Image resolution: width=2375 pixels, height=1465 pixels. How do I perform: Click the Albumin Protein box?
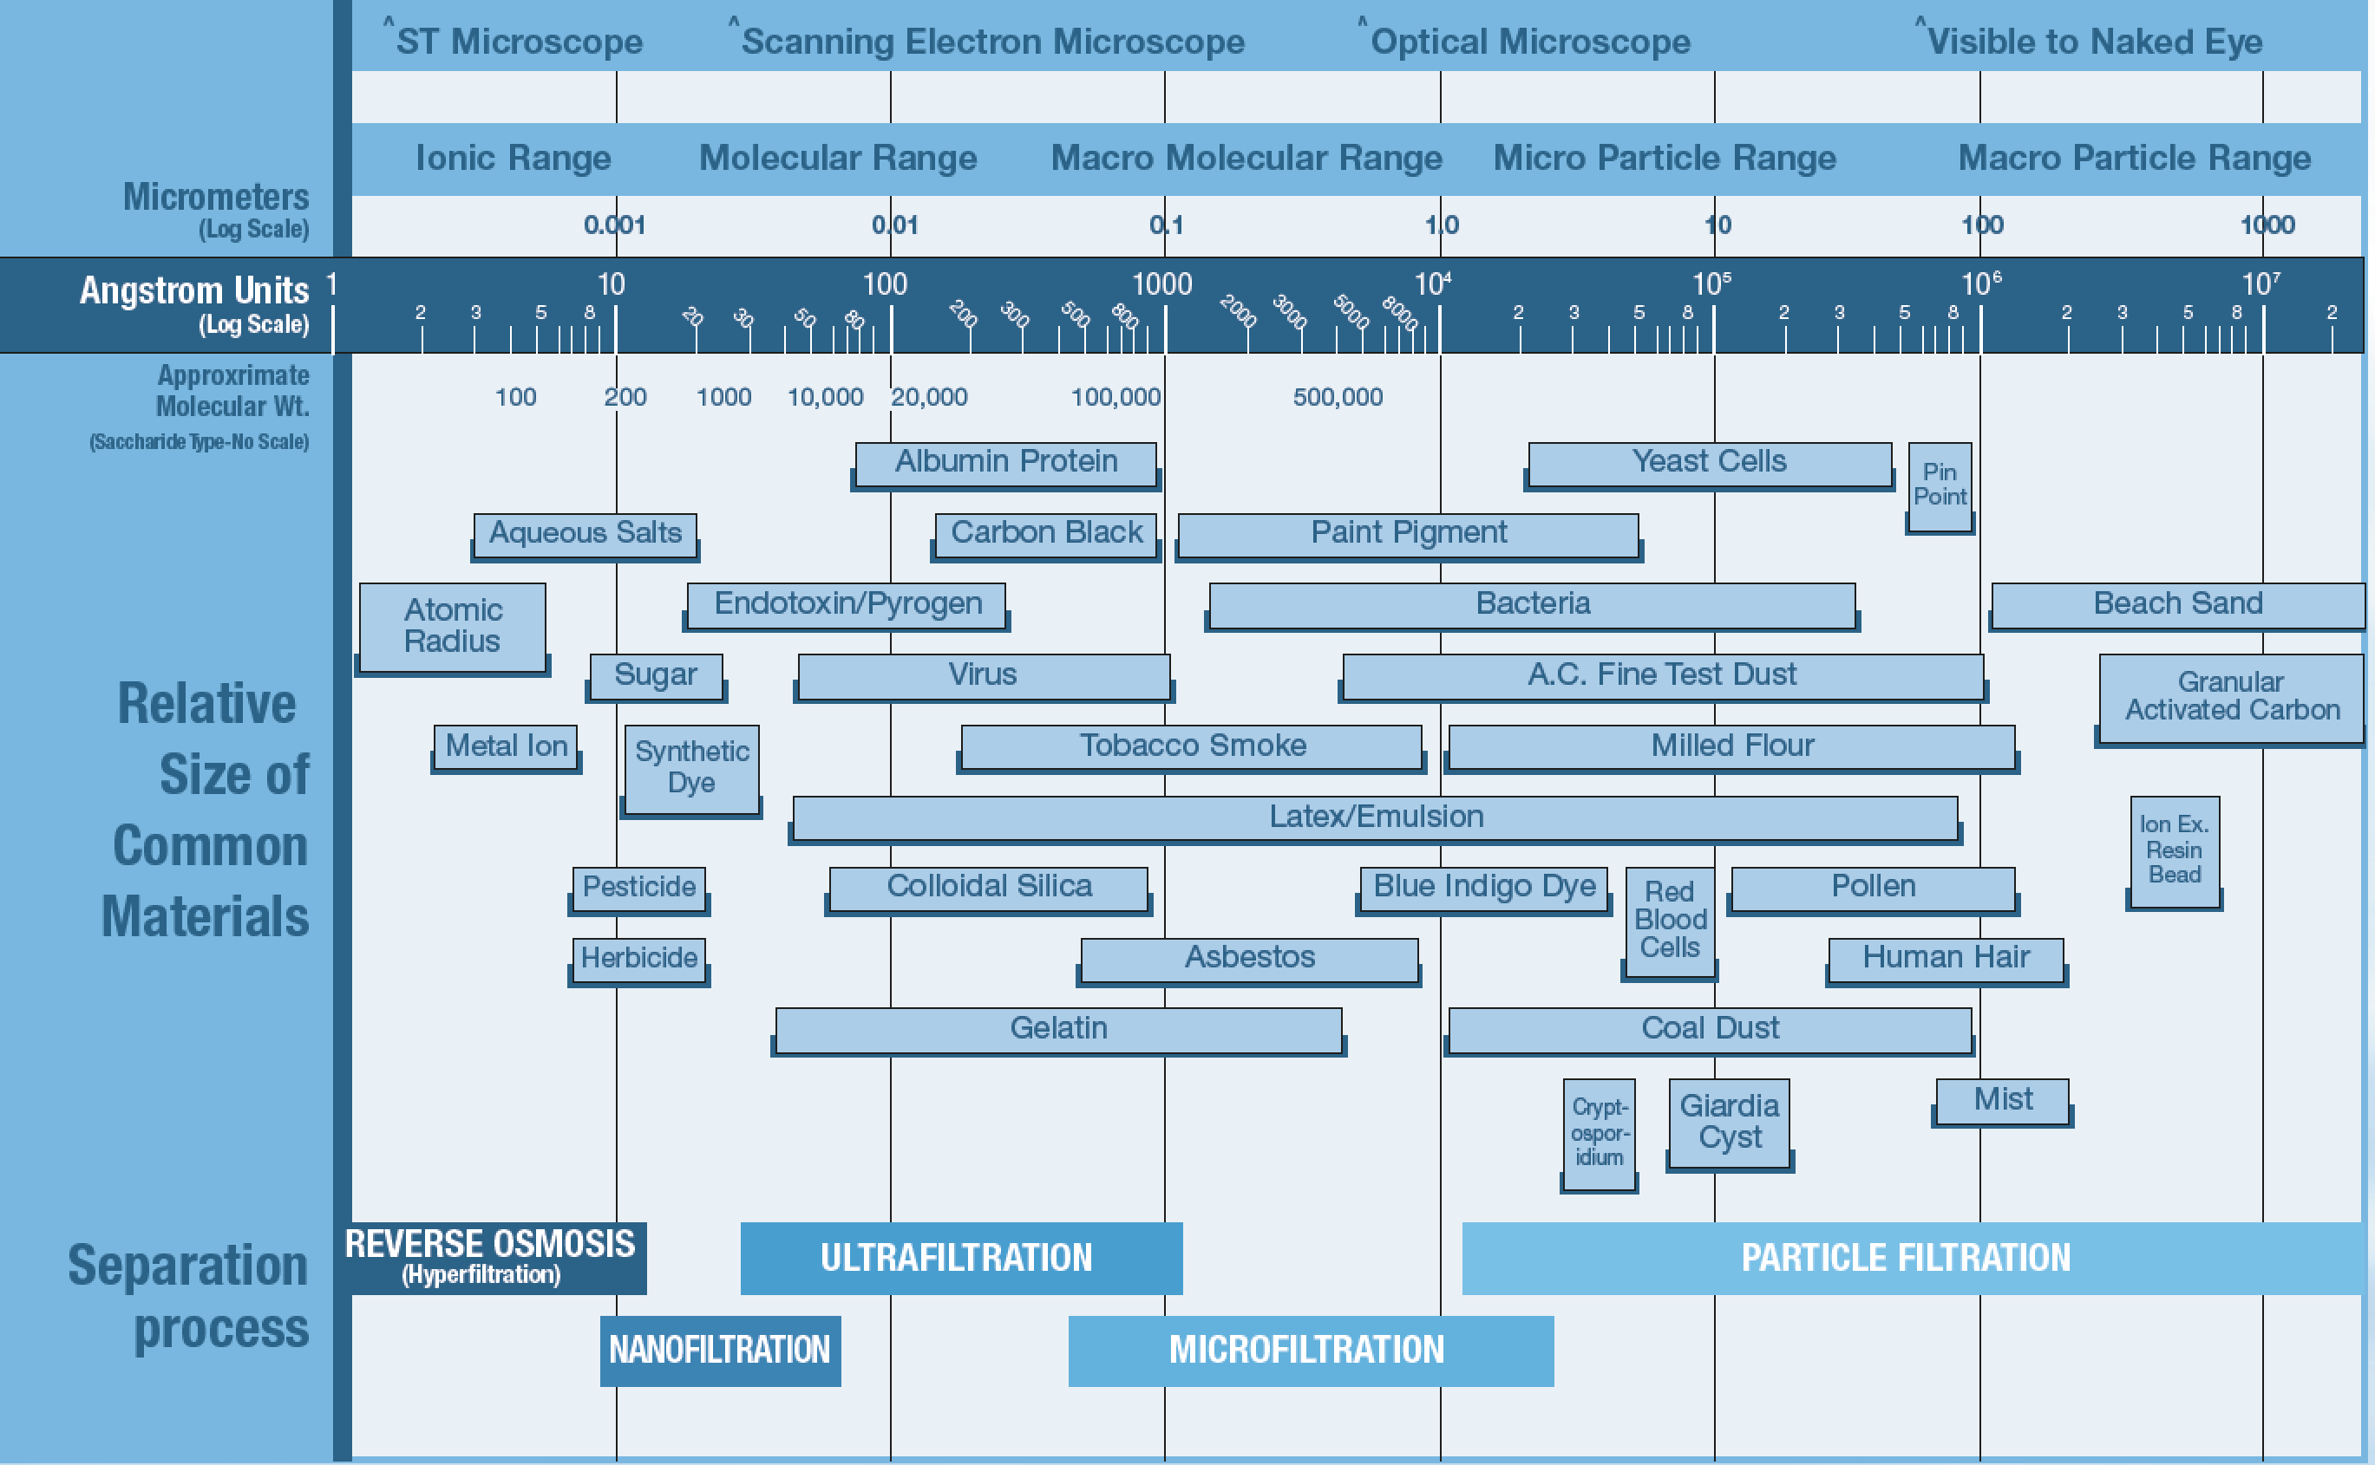tap(1005, 462)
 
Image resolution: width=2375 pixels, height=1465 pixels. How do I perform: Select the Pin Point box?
tap(1939, 485)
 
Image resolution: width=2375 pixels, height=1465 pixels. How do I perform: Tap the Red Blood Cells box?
tap(1668, 920)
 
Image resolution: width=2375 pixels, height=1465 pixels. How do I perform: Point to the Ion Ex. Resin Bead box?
tap(2174, 850)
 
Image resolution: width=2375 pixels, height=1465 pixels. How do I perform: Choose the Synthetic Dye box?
tap(691, 767)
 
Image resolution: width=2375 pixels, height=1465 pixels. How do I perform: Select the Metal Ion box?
tap(505, 746)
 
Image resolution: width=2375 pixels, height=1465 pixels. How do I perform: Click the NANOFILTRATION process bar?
tap(719, 1350)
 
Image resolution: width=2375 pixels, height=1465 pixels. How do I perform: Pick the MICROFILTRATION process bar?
tap(1310, 1350)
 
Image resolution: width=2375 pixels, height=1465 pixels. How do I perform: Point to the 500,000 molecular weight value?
tap(1337, 397)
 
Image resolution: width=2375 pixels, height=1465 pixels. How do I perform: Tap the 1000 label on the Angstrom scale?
tap(1161, 285)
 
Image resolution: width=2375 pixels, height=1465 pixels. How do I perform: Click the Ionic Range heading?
tap(513, 158)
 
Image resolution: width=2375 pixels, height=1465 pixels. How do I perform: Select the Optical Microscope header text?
tap(1528, 42)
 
